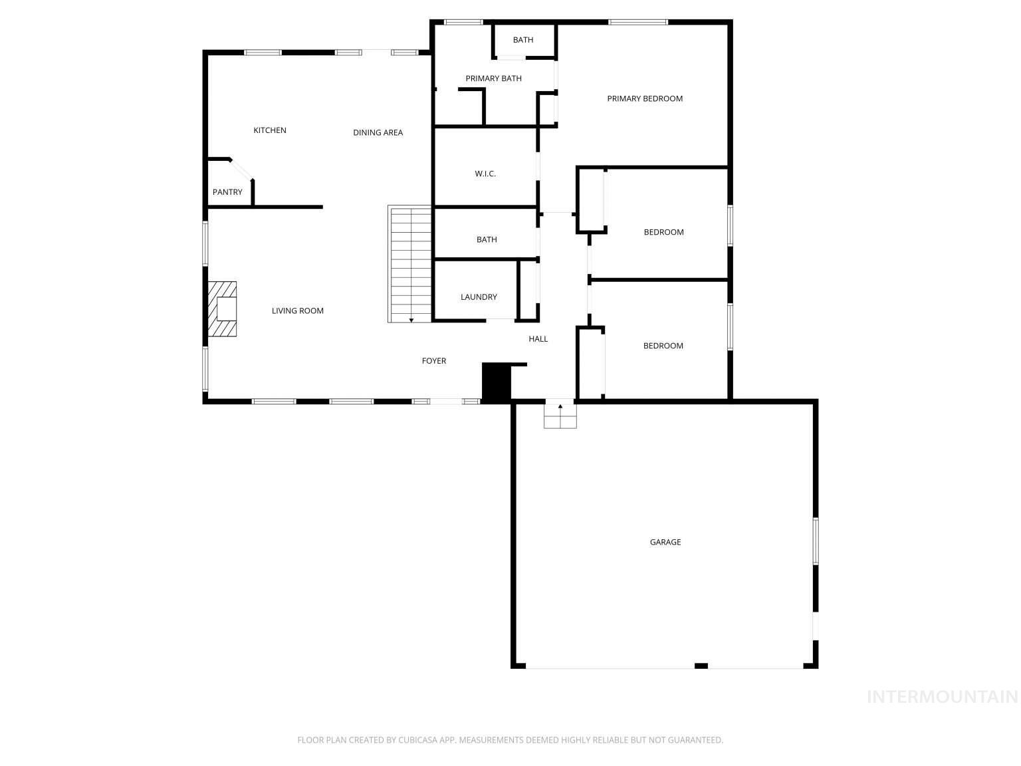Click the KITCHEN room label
[270, 130]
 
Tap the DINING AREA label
[378, 132]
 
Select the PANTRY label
[227, 192]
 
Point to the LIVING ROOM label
[297, 311]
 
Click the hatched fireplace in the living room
[222, 310]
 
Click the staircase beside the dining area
[410, 265]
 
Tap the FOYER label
[434, 361]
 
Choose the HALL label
[538, 339]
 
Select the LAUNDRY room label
[479, 297]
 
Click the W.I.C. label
[485, 174]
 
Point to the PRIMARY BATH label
[493, 78]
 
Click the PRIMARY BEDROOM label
[644, 98]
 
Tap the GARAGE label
[665, 542]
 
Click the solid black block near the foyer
[495, 382]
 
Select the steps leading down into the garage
[560, 416]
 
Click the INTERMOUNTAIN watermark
[942, 697]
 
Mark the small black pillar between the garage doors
[701, 666]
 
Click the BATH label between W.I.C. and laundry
[487, 239]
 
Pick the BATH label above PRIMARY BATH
[523, 40]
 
